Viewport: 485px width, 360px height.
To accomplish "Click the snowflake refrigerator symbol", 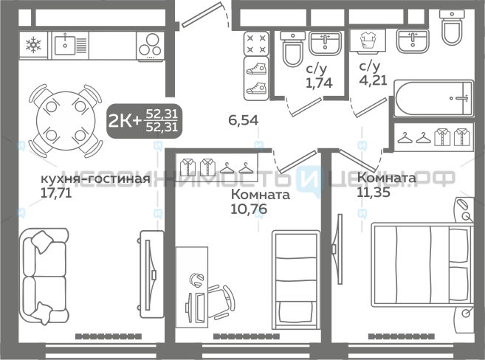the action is (x=33, y=45).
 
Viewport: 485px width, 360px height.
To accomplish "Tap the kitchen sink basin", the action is (x=65, y=46).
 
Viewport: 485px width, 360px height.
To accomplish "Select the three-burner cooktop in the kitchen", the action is (x=151, y=45).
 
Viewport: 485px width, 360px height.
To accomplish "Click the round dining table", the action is (x=65, y=121).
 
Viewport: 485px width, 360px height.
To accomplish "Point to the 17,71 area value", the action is (x=56, y=193).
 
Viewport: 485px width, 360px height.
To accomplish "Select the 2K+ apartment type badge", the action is (x=144, y=121).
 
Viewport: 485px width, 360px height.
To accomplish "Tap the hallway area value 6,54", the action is (x=243, y=120).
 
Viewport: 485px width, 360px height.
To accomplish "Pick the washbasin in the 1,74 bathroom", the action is (x=325, y=44).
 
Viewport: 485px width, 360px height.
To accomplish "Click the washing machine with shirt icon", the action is (x=368, y=41).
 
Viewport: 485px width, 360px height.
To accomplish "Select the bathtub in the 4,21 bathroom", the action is (x=433, y=99).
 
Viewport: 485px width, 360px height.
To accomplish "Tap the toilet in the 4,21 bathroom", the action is (x=452, y=27).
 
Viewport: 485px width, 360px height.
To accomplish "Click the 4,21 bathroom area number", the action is (x=373, y=80).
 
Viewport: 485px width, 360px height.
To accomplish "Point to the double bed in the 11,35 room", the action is (x=422, y=263).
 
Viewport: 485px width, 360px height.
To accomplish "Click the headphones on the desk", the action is (x=196, y=280).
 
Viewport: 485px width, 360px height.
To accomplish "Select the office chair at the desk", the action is (x=221, y=302).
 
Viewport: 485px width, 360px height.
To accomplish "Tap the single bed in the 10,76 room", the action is (x=296, y=280).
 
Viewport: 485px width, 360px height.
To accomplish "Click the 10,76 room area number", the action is (x=249, y=210).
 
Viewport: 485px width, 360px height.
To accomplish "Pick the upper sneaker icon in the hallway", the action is (x=256, y=69).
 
